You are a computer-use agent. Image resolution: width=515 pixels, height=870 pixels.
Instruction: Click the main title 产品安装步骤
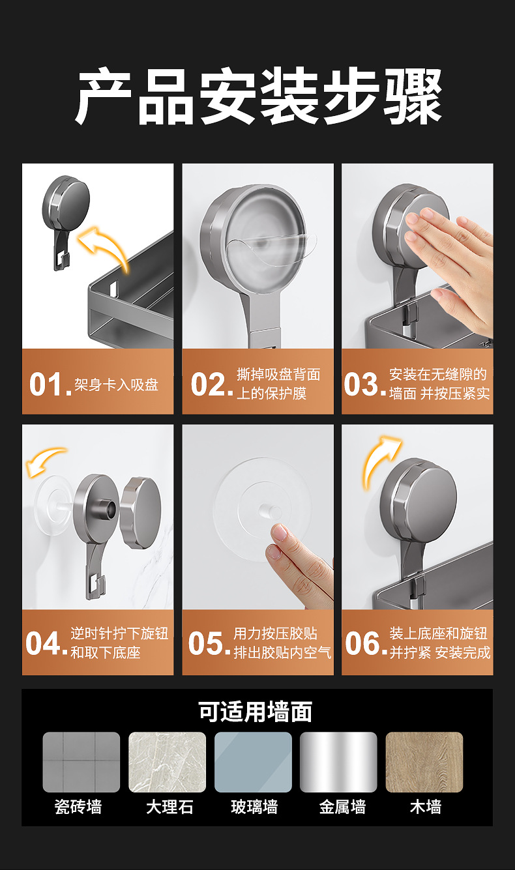click(258, 96)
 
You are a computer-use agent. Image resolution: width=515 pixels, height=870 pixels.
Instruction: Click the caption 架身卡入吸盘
click(117, 384)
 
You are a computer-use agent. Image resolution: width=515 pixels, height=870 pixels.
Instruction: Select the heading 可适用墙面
click(255, 712)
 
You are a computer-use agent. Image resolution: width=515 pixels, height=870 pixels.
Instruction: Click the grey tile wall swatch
click(81, 762)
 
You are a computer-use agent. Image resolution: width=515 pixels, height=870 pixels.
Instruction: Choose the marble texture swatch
click(167, 762)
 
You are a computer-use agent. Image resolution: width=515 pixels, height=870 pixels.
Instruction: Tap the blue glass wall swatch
click(253, 762)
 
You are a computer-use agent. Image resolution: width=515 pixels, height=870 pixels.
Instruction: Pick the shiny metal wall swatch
click(338, 762)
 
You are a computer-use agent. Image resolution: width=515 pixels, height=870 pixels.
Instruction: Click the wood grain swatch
click(424, 762)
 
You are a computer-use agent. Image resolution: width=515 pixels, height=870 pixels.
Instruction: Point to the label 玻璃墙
click(254, 807)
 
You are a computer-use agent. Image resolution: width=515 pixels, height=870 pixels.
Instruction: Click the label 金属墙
click(342, 807)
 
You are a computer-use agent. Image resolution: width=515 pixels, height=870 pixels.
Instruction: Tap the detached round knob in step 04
click(141, 513)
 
